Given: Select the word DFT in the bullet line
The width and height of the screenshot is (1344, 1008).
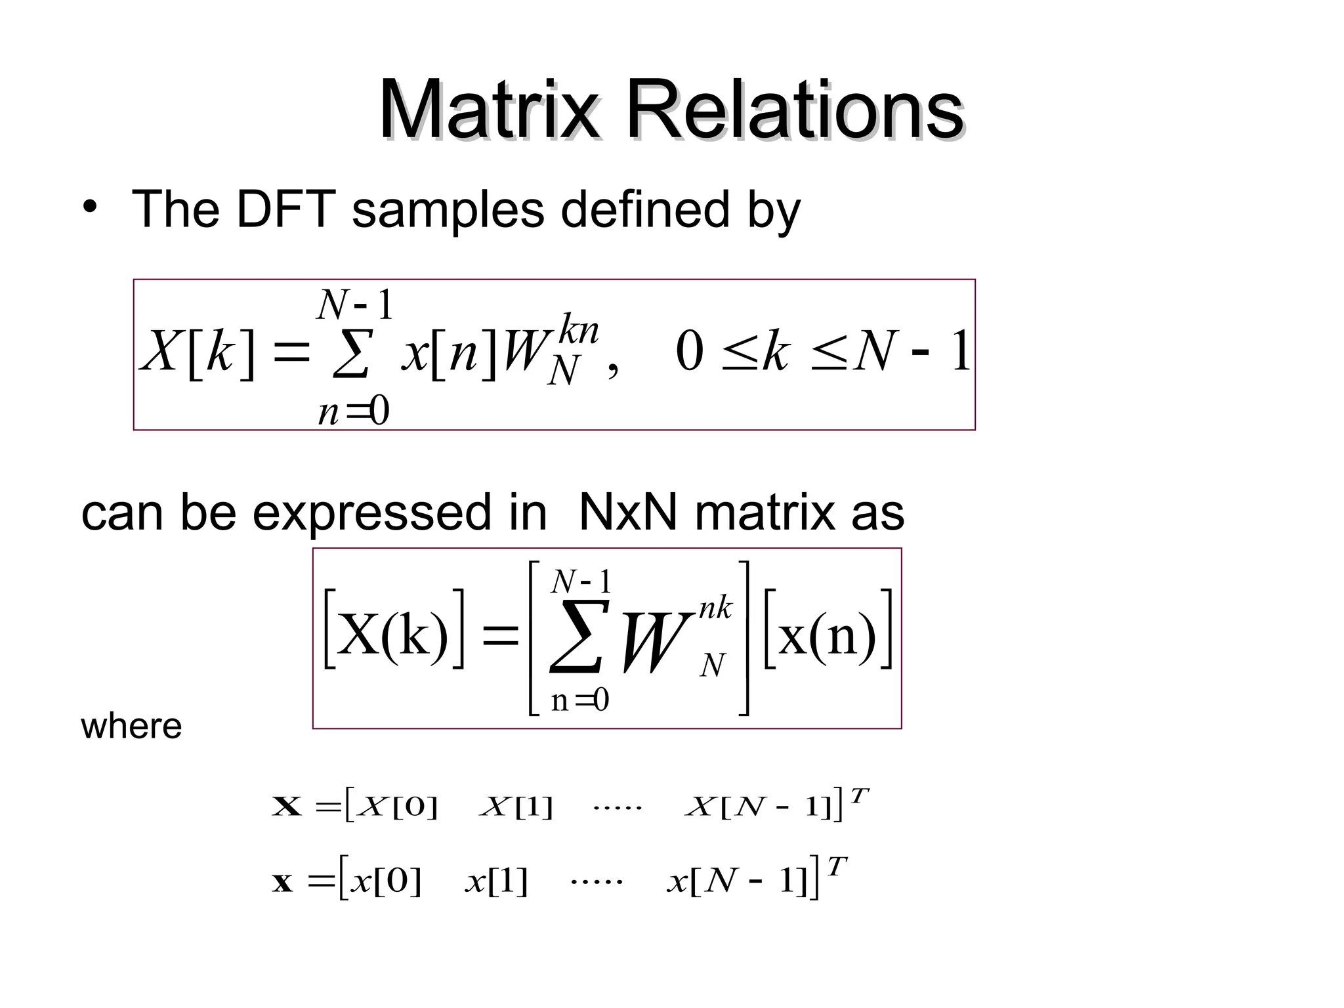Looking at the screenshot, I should click(285, 209).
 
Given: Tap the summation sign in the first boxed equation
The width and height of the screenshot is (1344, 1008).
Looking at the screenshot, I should click(352, 354).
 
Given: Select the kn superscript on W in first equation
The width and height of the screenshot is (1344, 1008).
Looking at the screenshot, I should click(578, 329).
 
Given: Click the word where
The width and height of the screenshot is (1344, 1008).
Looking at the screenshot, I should click(131, 726).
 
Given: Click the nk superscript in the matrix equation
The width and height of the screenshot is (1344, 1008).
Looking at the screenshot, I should click(715, 608).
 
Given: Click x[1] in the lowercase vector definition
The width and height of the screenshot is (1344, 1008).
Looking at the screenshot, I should click(496, 881).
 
